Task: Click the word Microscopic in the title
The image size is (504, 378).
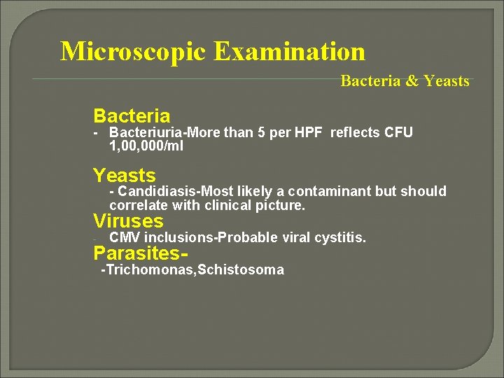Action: pos(133,52)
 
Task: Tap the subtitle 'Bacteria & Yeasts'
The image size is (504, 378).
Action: pos(405,81)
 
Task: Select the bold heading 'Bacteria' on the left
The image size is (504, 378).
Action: pos(132,115)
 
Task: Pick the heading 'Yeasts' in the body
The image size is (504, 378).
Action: pos(124,175)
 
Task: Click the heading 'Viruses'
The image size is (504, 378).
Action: pos(128,222)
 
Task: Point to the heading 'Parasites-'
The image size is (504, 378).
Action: pos(143,253)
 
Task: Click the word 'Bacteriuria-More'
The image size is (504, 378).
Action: pos(165,133)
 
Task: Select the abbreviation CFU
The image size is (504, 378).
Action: pos(398,133)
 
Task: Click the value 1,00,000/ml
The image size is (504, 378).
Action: pos(146,146)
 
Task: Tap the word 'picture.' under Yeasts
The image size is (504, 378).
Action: pos(282,206)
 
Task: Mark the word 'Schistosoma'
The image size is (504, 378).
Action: pos(241,270)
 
